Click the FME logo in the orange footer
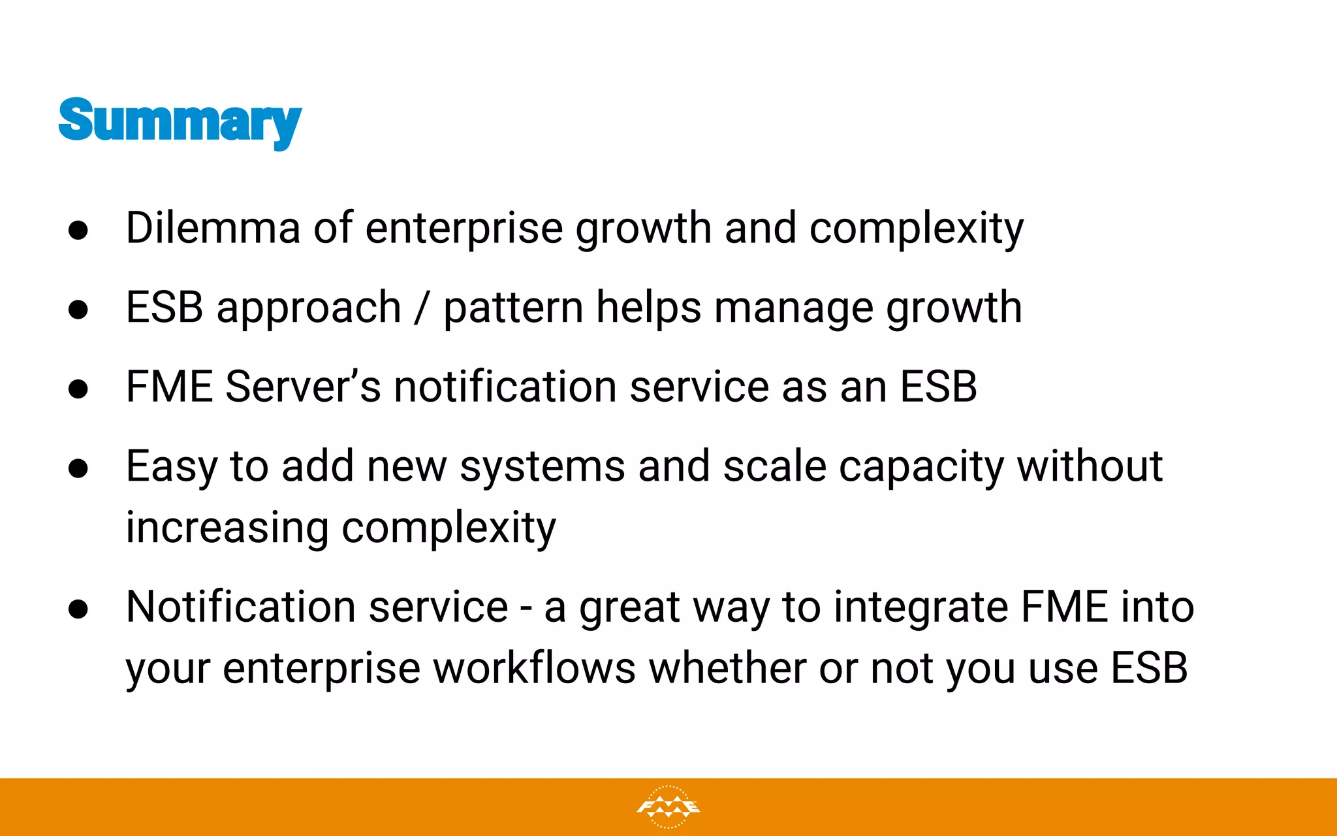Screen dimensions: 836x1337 668,807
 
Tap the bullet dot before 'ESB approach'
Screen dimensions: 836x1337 78,309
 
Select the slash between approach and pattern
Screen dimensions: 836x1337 422,308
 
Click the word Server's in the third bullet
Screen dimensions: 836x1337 302,387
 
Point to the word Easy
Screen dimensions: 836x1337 171,468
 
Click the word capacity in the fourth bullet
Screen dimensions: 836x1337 921,468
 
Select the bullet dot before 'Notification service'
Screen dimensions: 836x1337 78,609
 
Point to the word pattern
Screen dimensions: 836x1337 513,308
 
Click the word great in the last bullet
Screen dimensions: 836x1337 629,609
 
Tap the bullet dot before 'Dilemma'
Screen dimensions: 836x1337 78,230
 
